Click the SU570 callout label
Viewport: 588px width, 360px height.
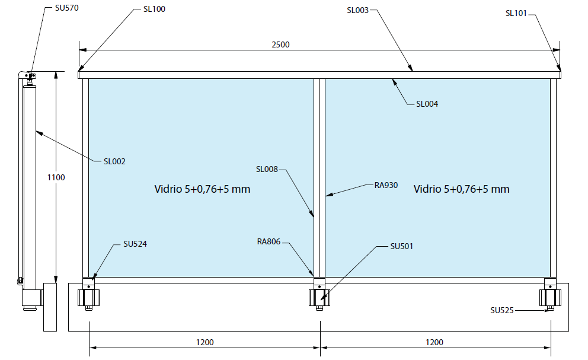67,8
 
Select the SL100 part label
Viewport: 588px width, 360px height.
154,9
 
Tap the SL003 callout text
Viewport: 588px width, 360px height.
358,11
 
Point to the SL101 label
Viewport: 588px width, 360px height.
516,13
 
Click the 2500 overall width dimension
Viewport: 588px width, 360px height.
280,44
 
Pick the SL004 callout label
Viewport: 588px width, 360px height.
427,104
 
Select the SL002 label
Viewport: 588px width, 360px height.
114,161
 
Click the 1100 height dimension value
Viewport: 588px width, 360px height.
56,177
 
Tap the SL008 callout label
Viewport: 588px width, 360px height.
267,169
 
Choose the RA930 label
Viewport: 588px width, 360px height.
386,185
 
